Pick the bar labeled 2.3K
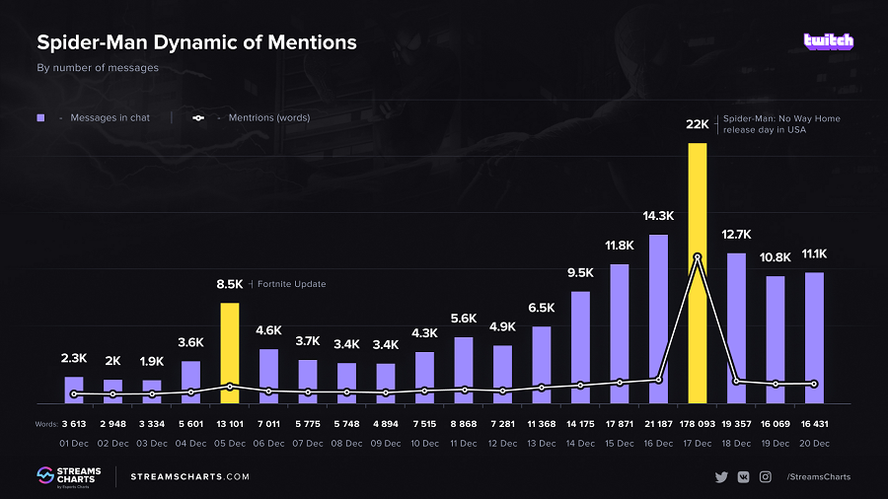click(x=74, y=390)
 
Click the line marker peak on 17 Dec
click(x=698, y=257)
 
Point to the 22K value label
click(x=698, y=124)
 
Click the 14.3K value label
click(x=658, y=216)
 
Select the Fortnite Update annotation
click(x=291, y=284)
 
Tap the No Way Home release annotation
click(x=781, y=123)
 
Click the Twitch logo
click(x=828, y=41)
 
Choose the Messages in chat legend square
click(x=41, y=118)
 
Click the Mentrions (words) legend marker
click(x=198, y=118)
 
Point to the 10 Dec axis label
click(x=424, y=444)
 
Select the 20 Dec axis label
click(x=814, y=444)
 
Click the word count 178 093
click(x=698, y=424)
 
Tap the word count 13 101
click(x=230, y=424)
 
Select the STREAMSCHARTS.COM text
click(x=189, y=477)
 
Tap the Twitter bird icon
click(x=721, y=477)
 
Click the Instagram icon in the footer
click(x=765, y=477)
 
